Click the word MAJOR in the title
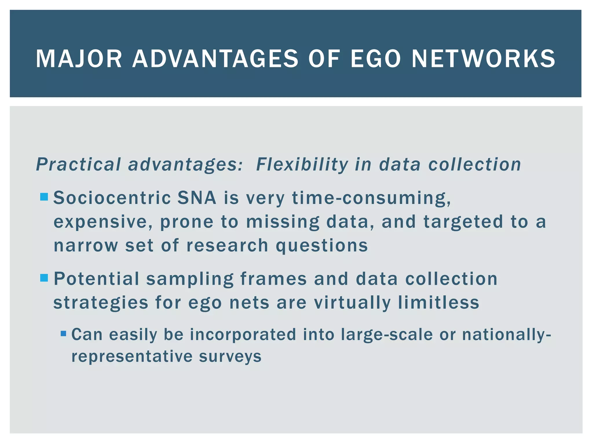pos(79,59)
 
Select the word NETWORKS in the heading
pos(483,59)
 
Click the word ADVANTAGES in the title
pos(215,59)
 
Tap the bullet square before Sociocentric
pos(44,197)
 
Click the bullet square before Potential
pos(44,278)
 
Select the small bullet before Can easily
pos(63,334)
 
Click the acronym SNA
pos(197,198)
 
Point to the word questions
pos(322,246)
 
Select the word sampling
pos(190,279)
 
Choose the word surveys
pos(230,357)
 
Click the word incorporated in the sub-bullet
pos(243,335)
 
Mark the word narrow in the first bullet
pos(86,245)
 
